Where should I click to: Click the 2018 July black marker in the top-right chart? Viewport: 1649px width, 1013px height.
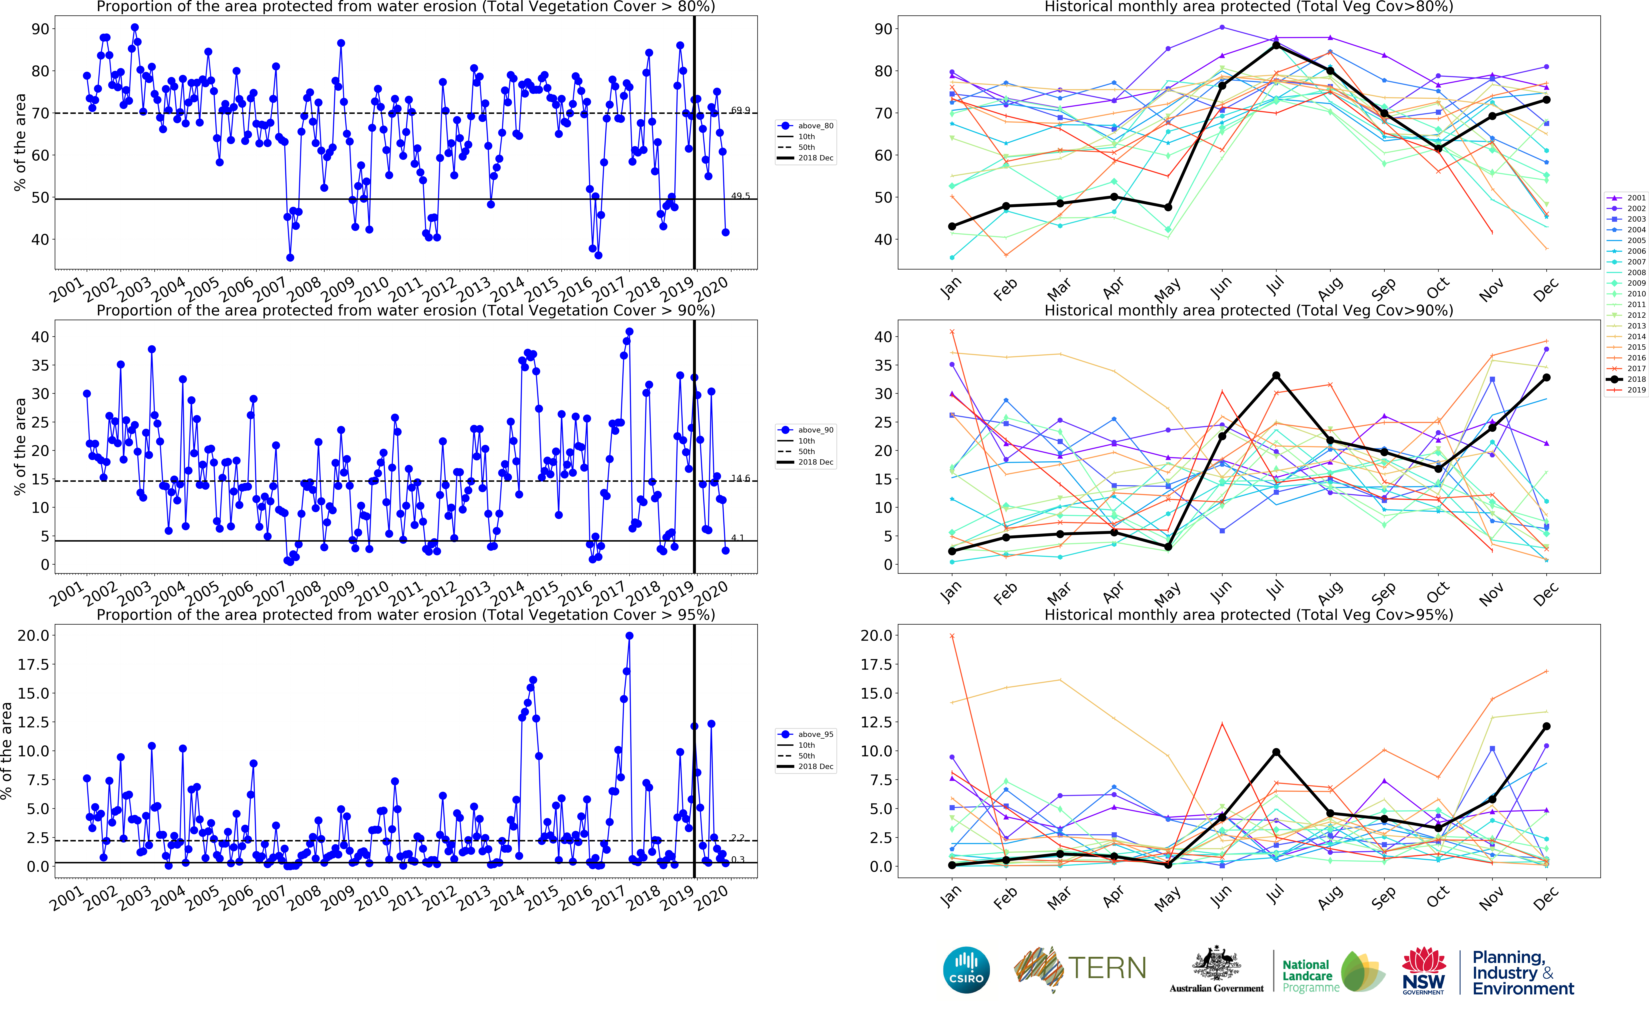(x=1276, y=45)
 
